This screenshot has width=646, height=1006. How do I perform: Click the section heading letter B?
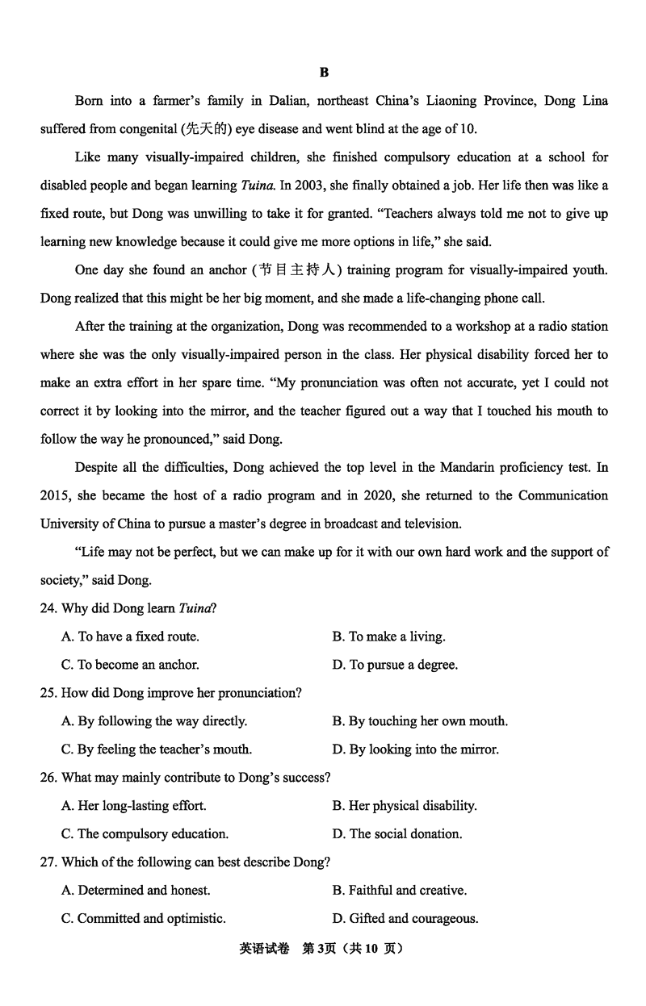(x=324, y=73)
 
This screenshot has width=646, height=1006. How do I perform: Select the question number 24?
(x=48, y=608)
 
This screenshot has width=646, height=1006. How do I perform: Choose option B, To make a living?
(x=388, y=637)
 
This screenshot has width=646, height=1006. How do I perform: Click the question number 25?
(x=48, y=693)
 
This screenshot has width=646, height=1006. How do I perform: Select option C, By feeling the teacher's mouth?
(x=156, y=749)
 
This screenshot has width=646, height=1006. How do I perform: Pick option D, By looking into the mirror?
(x=415, y=749)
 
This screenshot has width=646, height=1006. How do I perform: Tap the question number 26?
(x=48, y=778)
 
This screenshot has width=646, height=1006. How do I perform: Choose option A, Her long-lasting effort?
(x=133, y=806)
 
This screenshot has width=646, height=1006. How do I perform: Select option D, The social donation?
(x=396, y=834)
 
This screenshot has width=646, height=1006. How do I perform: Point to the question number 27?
(x=48, y=862)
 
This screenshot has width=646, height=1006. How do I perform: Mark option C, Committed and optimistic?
(x=143, y=919)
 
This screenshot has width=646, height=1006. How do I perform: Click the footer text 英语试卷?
(x=264, y=949)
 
